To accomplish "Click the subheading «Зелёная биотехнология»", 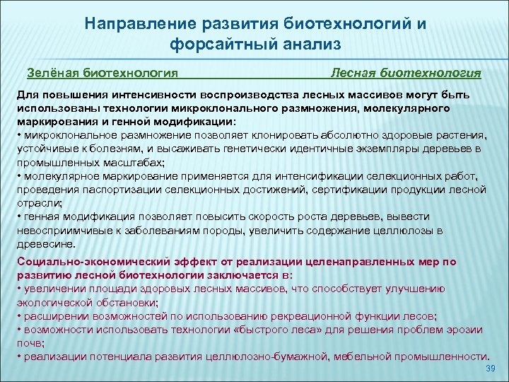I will click(102, 72).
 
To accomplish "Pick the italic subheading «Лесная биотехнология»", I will click(406, 72).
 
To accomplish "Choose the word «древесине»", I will click(45, 243).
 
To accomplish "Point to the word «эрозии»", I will click(465, 329).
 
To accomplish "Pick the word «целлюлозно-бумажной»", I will click(269, 356).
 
